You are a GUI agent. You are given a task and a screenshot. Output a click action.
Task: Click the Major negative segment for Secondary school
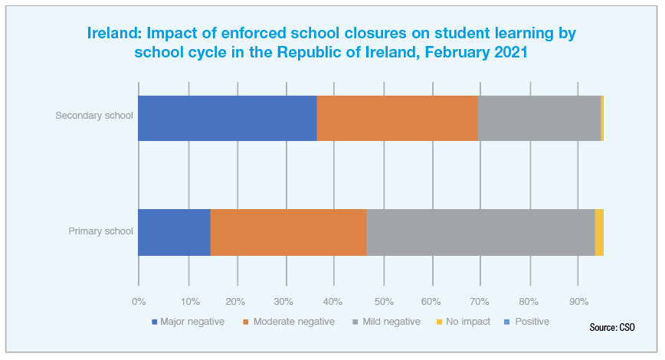tap(228, 118)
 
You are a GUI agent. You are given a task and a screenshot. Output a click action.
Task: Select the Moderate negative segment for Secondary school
tap(397, 118)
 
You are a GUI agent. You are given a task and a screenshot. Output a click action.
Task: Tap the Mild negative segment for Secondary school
tap(539, 118)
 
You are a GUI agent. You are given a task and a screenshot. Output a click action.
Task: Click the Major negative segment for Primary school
tap(174, 232)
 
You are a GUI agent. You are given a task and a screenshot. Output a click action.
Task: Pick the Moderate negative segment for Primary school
tap(288, 232)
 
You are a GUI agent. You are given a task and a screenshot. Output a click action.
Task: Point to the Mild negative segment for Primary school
tap(480, 232)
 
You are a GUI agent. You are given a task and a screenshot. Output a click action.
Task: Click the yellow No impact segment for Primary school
tap(599, 232)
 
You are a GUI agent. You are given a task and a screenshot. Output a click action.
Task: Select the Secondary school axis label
tap(94, 116)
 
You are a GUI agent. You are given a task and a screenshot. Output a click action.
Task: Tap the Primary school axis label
tap(101, 231)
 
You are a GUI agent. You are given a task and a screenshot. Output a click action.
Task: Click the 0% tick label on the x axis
tap(139, 300)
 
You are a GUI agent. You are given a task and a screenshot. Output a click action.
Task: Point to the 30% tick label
tap(285, 300)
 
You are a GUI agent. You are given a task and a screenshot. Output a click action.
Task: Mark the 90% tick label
tap(578, 300)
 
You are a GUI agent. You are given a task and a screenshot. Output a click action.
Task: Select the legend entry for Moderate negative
tap(288, 322)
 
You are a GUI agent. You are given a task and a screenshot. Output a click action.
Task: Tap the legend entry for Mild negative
tap(386, 322)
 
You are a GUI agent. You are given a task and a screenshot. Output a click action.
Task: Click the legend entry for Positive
tap(527, 322)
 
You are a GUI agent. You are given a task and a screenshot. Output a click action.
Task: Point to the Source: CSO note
tap(612, 327)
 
